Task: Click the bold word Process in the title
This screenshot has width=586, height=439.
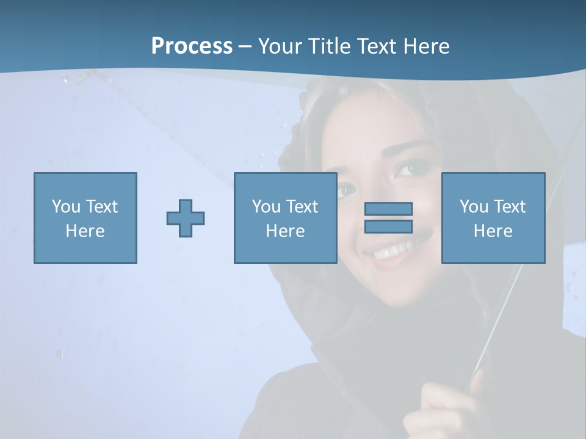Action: (192, 46)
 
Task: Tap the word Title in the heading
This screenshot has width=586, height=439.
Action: (330, 46)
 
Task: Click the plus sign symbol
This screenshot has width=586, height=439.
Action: (186, 218)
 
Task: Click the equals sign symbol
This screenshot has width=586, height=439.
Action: (388, 218)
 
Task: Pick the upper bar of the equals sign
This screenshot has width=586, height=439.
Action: (388, 209)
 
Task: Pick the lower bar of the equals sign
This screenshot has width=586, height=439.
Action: (388, 227)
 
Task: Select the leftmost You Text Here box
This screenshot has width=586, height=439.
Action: (85, 218)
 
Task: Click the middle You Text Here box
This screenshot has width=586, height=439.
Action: (285, 218)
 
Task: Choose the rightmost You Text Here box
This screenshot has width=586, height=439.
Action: (493, 218)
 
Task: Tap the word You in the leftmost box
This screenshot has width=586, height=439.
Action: (66, 206)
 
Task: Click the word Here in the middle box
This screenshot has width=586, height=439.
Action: (285, 231)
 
